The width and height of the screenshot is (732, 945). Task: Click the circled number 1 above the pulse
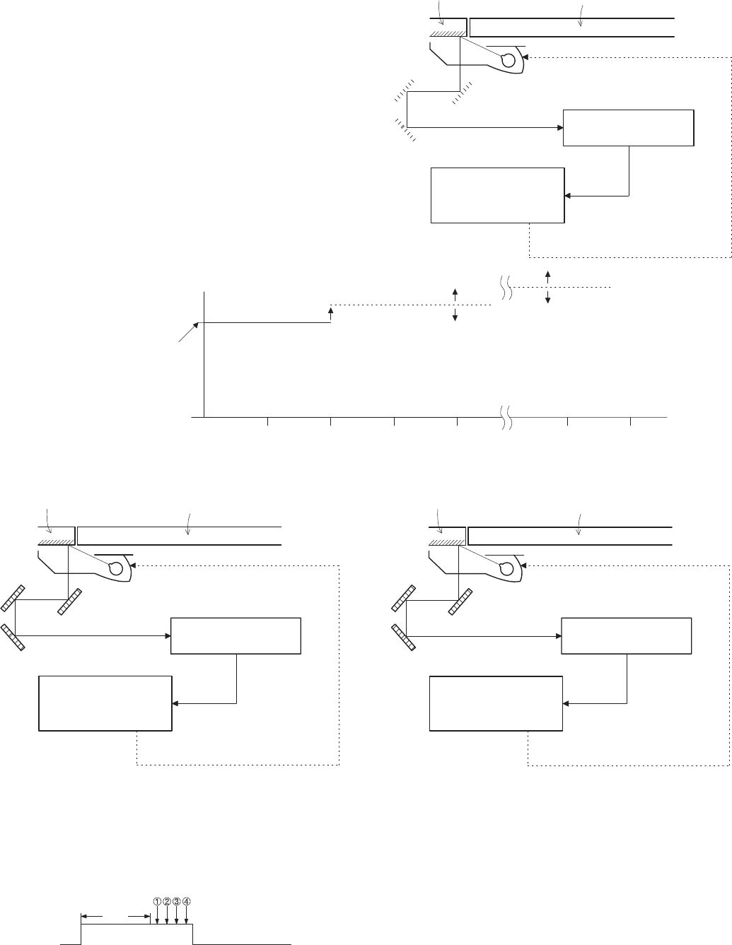[x=157, y=901]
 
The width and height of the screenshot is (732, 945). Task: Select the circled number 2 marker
[x=166, y=901]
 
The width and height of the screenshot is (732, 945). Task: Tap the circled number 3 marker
[x=176, y=901]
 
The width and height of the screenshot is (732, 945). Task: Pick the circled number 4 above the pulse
[x=186, y=901]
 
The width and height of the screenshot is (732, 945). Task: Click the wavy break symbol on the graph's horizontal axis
[x=506, y=418]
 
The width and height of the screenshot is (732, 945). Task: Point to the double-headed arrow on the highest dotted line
[x=548, y=287]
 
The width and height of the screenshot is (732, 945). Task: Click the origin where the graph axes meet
[x=204, y=418]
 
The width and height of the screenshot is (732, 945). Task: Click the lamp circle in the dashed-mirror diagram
[x=507, y=61]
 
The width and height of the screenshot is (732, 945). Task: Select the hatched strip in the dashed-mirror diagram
[x=448, y=33]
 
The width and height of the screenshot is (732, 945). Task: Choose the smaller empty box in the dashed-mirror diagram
[x=628, y=127]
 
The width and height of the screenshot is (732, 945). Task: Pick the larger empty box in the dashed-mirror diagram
[x=497, y=195]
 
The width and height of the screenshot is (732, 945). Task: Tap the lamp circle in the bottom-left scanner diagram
[x=115, y=568]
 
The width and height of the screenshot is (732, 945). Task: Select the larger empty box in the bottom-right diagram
[x=496, y=703]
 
